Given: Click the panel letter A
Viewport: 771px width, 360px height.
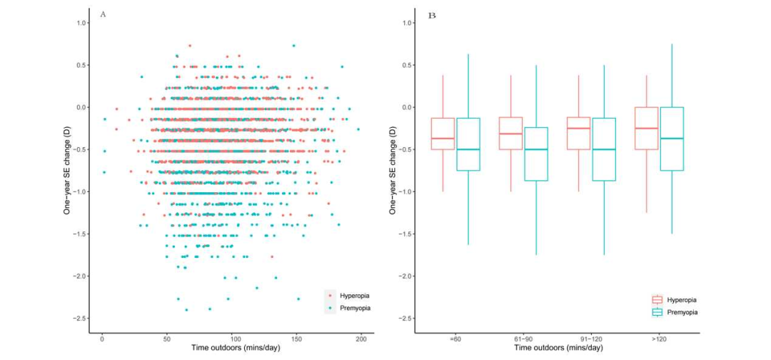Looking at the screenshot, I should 104,14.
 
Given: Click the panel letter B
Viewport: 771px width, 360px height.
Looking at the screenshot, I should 431,14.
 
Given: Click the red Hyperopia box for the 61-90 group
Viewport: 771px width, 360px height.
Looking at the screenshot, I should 510,133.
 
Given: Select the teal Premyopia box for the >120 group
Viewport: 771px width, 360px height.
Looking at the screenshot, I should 672,139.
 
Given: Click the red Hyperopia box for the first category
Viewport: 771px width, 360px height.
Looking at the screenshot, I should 443,134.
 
